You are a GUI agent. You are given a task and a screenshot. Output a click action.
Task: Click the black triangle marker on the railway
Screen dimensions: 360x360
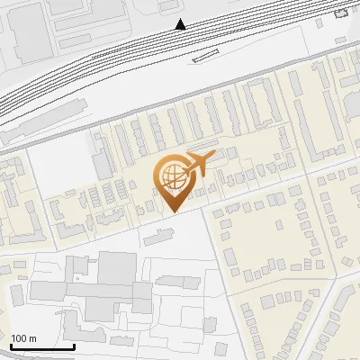[181, 24]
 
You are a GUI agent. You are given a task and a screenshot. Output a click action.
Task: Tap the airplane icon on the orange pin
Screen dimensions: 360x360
[198, 163]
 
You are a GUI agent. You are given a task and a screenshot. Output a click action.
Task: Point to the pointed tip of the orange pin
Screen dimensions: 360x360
[173, 210]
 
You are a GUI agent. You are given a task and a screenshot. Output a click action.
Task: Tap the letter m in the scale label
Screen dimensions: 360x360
[32, 338]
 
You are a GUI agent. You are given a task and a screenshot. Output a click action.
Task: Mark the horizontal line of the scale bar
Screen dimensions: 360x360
[42, 346]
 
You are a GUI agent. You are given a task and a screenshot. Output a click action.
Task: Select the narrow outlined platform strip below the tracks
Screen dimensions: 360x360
[204, 57]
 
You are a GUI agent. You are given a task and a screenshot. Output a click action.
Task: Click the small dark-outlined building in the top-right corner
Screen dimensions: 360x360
[340, 13]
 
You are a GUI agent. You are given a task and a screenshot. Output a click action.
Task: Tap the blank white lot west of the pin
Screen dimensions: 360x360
[58, 166]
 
